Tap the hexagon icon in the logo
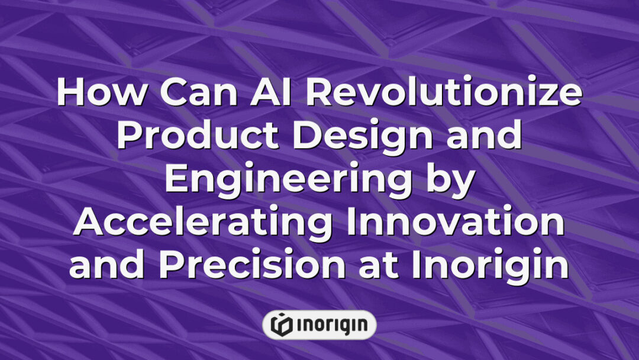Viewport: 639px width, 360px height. tap(281, 324)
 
